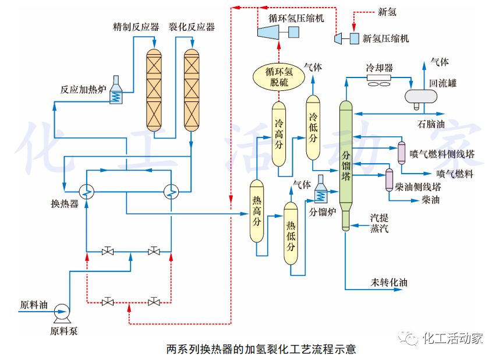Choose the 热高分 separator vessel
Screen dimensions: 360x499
(257, 211)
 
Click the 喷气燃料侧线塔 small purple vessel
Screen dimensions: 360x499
(401, 153)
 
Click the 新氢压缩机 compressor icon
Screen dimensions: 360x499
(346, 38)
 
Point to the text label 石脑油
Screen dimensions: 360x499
(431, 124)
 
